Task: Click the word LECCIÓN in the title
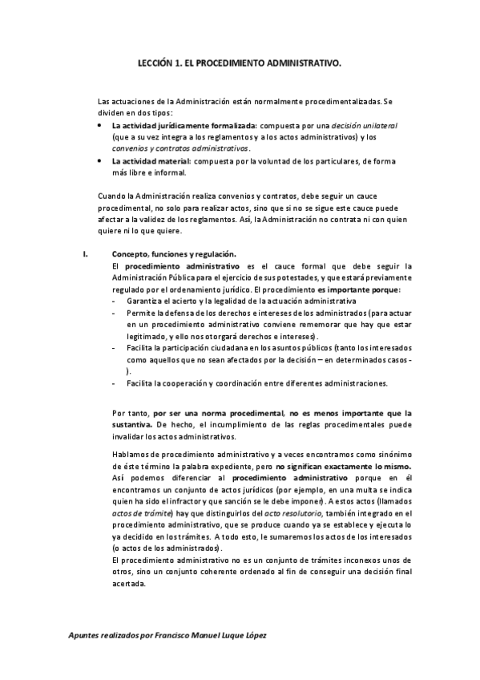point(156,61)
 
